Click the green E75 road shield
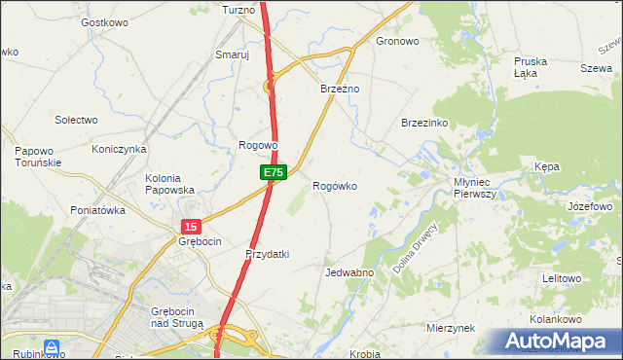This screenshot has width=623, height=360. (273, 172)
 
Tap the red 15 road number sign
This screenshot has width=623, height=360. (189, 225)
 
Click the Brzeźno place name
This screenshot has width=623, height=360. (341, 89)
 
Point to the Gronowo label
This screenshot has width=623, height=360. (397, 42)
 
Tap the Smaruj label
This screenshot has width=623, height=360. (233, 55)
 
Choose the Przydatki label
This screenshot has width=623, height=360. (268, 254)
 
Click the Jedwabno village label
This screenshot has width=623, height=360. (350, 273)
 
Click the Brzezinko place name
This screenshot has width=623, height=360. (424, 124)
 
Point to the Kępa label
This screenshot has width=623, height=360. (547, 167)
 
